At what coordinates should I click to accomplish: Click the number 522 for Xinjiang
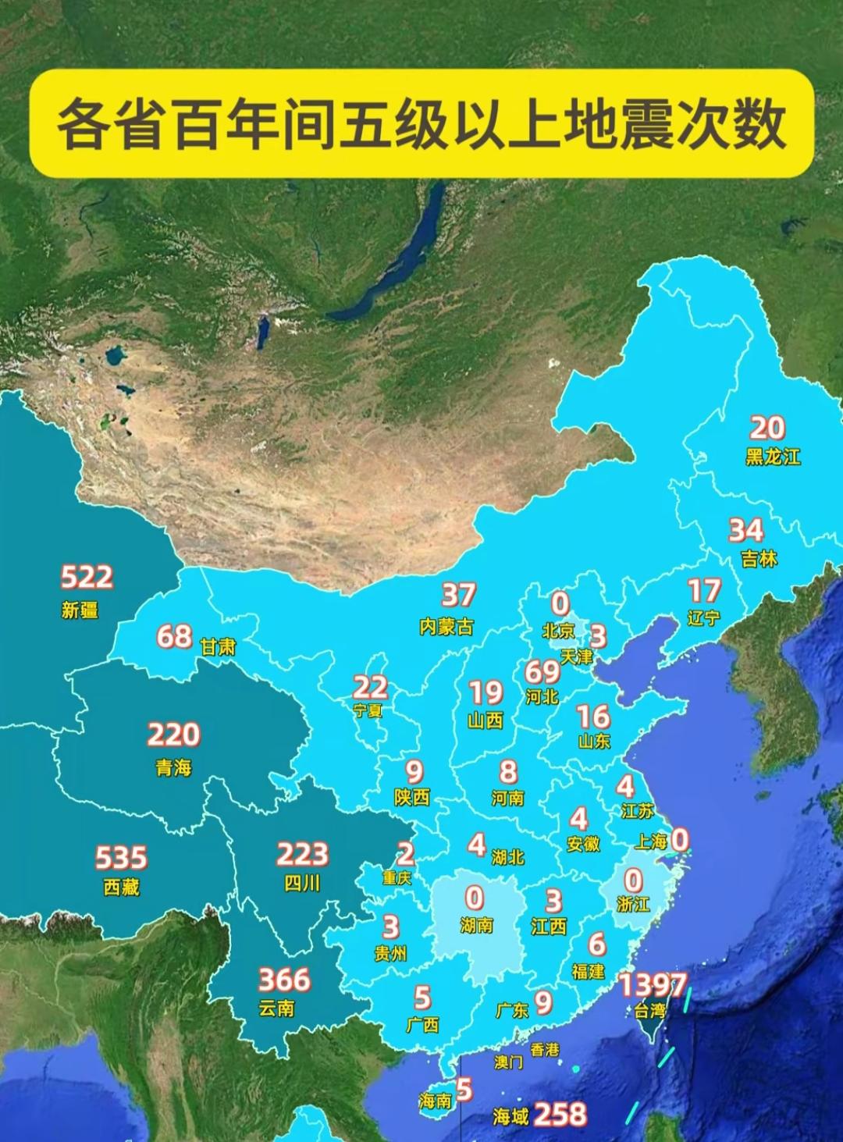point(87,578)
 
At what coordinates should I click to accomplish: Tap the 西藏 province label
point(121,888)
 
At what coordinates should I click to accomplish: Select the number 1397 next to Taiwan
point(653,985)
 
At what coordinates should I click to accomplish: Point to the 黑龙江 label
point(773,457)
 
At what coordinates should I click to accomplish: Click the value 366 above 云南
point(284,980)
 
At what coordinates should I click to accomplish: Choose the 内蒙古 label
point(446,627)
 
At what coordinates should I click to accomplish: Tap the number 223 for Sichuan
point(302,855)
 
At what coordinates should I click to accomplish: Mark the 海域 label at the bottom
point(510,1117)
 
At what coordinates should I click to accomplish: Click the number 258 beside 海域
point(560,1114)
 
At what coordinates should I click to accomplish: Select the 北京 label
point(558,630)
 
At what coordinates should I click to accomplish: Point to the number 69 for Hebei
point(542,671)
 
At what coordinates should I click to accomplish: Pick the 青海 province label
point(173,768)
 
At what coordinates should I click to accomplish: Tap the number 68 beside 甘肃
point(174,637)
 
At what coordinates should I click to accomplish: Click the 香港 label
point(545,1050)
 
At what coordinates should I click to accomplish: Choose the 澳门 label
point(508,1062)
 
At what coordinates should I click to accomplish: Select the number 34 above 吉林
point(745,531)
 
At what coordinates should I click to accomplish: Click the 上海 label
point(650,841)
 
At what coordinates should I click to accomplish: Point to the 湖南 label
point(476,926)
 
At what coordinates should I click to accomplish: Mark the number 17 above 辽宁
point(703,591)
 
